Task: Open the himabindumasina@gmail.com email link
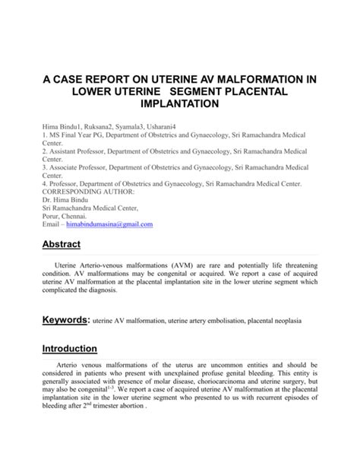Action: pos(109,224)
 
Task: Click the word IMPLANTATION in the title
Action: pos(180,102)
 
